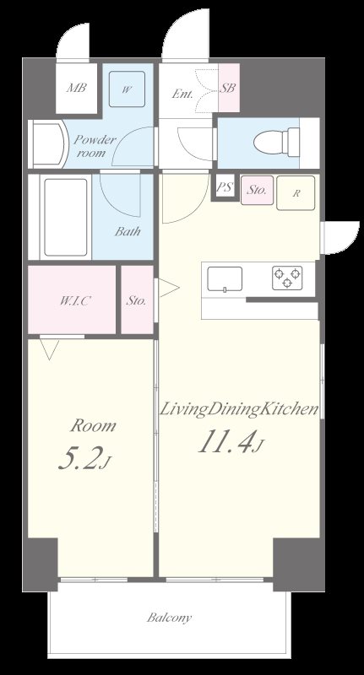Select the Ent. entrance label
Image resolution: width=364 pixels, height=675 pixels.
183,94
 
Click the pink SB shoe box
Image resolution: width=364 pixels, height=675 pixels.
228,89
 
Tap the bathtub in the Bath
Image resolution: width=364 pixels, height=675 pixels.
66,219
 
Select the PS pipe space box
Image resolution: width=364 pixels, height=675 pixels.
225,188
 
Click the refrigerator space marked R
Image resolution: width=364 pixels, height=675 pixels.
296,193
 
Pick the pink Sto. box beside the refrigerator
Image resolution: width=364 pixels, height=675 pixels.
257,191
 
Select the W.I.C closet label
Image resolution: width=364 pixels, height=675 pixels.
75,300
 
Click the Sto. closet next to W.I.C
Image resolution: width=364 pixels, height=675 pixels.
136,300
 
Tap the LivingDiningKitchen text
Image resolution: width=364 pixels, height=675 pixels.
239,410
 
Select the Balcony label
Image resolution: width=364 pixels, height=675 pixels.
170,618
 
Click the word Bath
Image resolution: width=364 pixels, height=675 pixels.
128,232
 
